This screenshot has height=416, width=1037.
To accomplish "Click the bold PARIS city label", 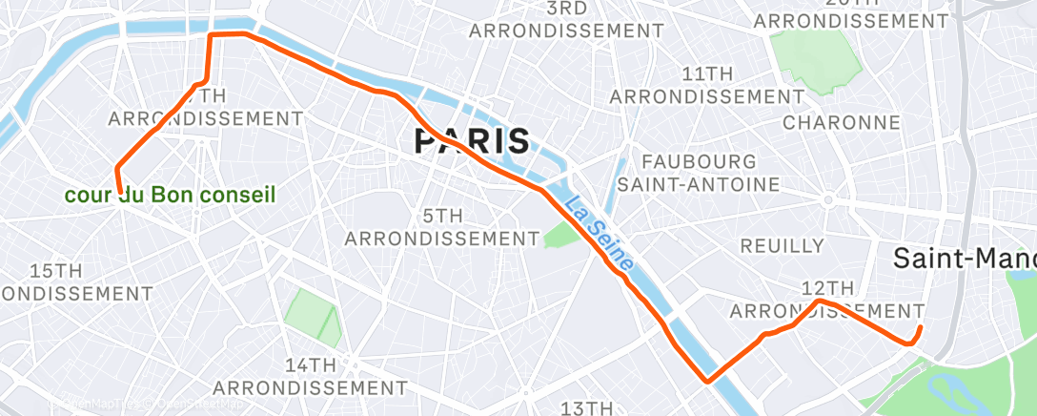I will click(472, 142).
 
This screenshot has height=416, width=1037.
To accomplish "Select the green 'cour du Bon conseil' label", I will click(170, 196).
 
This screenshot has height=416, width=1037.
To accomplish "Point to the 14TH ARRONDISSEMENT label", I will click(310, 376).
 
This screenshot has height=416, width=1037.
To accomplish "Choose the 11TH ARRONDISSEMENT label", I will click(707, 85).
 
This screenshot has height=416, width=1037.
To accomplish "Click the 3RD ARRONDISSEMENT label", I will click(566, 19).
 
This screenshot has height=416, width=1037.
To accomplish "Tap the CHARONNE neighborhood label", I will click(842, 122).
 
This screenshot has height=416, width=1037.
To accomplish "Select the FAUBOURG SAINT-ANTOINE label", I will click(699, 172).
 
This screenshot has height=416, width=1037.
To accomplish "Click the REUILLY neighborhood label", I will click(782, 246).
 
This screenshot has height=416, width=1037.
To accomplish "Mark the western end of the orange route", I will click(119, 190).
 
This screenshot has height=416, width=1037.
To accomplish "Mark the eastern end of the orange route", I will click(920, 328).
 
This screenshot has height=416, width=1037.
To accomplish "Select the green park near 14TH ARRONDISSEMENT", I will click(314, 318).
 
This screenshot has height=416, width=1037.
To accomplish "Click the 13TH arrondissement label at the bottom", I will click(585, 408).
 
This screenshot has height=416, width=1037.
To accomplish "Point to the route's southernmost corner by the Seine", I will click(707, 382).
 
